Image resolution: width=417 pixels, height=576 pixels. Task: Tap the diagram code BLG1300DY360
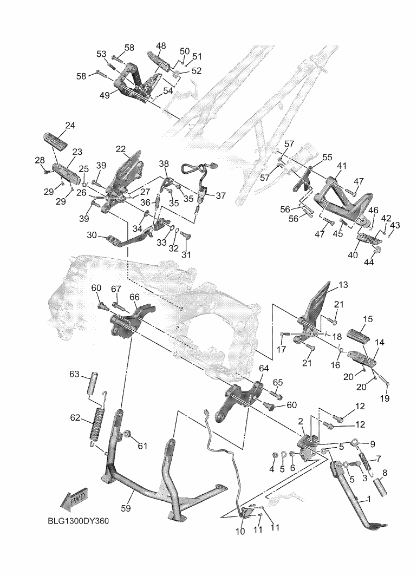tap(78, 521)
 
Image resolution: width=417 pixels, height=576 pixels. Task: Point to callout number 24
tap(70, 126)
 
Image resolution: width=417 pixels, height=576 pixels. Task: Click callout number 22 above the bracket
tap(120, 149)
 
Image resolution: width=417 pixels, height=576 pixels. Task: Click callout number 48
tap(161, 46)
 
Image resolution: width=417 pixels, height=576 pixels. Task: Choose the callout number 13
tap(343, 285)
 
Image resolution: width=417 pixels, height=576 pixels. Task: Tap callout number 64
tap(264, 368)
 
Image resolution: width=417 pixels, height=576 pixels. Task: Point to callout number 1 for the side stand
tap(369, 499)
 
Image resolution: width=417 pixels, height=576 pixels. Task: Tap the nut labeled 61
tap(129, 434)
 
